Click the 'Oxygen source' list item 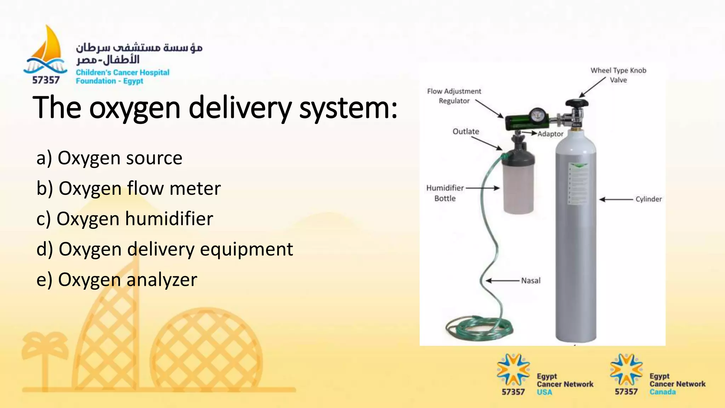coord(109,158)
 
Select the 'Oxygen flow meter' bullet coord(129,188)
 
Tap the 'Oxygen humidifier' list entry coord(125,219)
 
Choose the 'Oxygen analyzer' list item coord(117,280)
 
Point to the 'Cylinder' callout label coord(648,199)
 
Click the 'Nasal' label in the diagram coord(531,280)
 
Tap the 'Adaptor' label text coord(550,134)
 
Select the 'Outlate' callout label coord(466,131)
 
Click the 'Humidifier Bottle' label coord(445,193)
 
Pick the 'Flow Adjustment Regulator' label coord(454,96)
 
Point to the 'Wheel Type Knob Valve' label coord(618,75)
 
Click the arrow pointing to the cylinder coord(616,199)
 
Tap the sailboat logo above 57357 coord(46,50)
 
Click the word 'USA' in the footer coord(544,392)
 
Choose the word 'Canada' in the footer coord(662,392)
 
